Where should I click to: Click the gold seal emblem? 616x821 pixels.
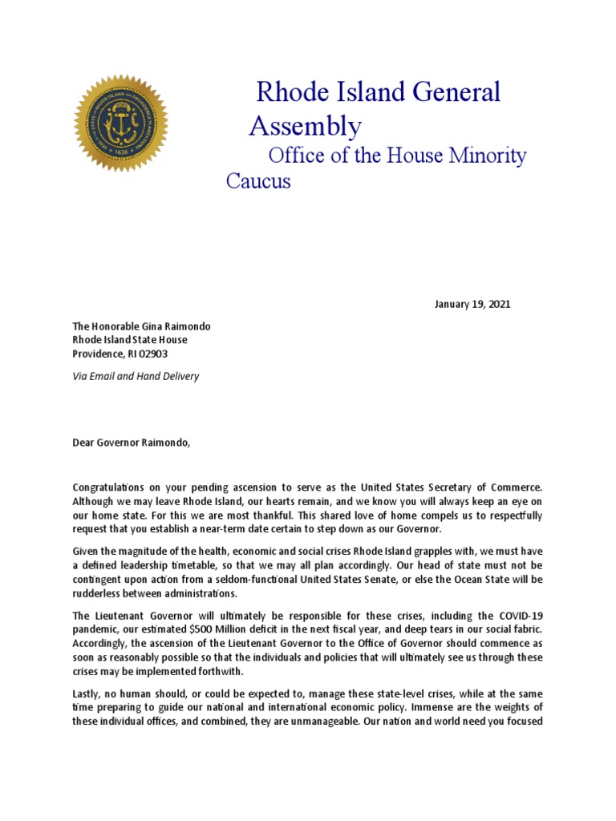coord(121,123)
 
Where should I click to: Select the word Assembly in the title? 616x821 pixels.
coord(305,127)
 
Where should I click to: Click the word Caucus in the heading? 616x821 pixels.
coord(258,181)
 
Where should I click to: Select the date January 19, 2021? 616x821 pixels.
coord(472,305)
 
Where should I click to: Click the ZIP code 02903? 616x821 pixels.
coord(152,354)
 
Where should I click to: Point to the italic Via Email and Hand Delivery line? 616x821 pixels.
coord(136,376)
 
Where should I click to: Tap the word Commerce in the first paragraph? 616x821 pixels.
coord(515,487)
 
